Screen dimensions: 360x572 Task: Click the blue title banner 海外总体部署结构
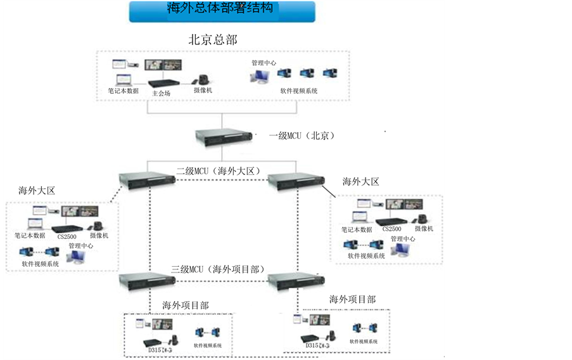point(222,11)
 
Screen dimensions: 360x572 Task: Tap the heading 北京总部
point(213,39)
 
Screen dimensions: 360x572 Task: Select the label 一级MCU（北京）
point(302,136)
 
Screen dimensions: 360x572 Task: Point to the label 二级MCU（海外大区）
point(219,171)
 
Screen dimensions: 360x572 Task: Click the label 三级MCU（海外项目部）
point(217,269)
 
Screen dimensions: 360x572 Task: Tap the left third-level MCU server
point(148,280)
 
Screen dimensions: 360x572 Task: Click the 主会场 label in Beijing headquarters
point(162,93)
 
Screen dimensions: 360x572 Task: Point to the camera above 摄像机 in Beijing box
point(203,80)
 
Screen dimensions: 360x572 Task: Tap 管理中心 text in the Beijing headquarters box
point(264,63)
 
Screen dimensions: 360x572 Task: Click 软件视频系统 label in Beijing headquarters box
point(299,91)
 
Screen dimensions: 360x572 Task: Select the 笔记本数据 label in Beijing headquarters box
point(123,91)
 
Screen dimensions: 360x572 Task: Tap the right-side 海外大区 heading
point(360,182)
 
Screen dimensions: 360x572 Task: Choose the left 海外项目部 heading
point(186,305)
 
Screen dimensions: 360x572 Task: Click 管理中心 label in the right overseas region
point(403,239)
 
